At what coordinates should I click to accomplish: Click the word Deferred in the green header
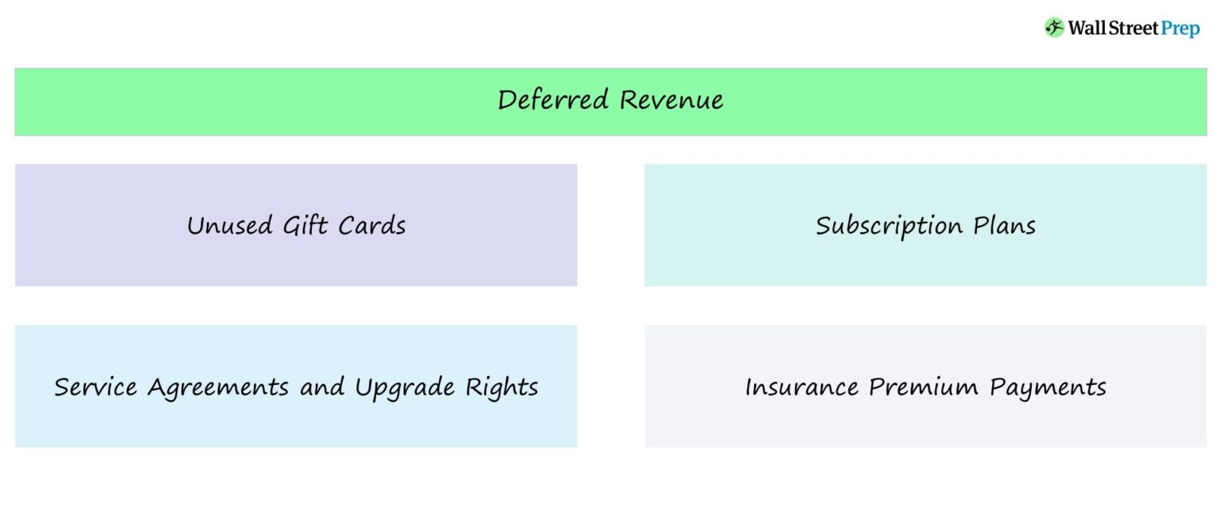point(554,100)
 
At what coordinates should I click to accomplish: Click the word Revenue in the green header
point(671,100)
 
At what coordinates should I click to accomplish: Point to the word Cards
point(372,226)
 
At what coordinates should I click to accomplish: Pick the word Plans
point(1005,226)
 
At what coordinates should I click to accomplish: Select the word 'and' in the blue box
point(322,387)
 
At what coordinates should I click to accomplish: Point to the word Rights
point(502,388)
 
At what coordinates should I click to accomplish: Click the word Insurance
point(802,387)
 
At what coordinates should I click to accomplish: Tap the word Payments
point(1048,388)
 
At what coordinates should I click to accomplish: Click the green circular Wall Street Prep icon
point(1054,28)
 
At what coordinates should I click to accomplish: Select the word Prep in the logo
point(1180,29)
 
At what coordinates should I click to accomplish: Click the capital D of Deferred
point(508,100)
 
